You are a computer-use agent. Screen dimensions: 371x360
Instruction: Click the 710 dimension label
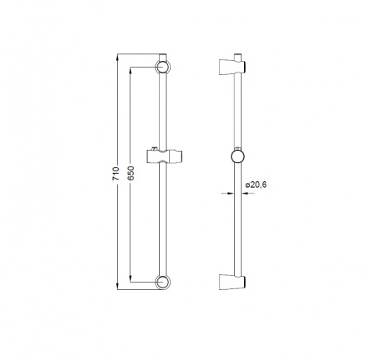pyautogui.click(x=116, y=173)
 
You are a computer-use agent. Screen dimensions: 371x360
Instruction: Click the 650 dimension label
pyautogui.click(x=131, y=173)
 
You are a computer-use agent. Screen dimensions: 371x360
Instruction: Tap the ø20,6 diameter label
pyautogui.click(x=256, y=185)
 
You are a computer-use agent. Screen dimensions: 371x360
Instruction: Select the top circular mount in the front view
pyautogui.click(x=162, y=67)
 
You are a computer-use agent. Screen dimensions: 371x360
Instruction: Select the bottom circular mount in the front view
pyautogui.click(x=162, y=282)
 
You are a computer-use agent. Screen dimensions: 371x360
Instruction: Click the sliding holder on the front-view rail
pyautogui.click(x=165, y=157)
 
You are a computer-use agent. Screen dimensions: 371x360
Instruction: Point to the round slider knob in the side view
pyautogui.click(x=237, y=157)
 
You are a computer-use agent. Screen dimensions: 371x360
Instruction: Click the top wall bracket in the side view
pyautogui.click(x=232, y=67)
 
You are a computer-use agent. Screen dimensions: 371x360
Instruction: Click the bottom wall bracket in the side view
pyautogui.click(x=232, y=282)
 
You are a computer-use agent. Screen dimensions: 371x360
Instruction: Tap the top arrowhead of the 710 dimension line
pyautogui.click(x=118, y=57)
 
